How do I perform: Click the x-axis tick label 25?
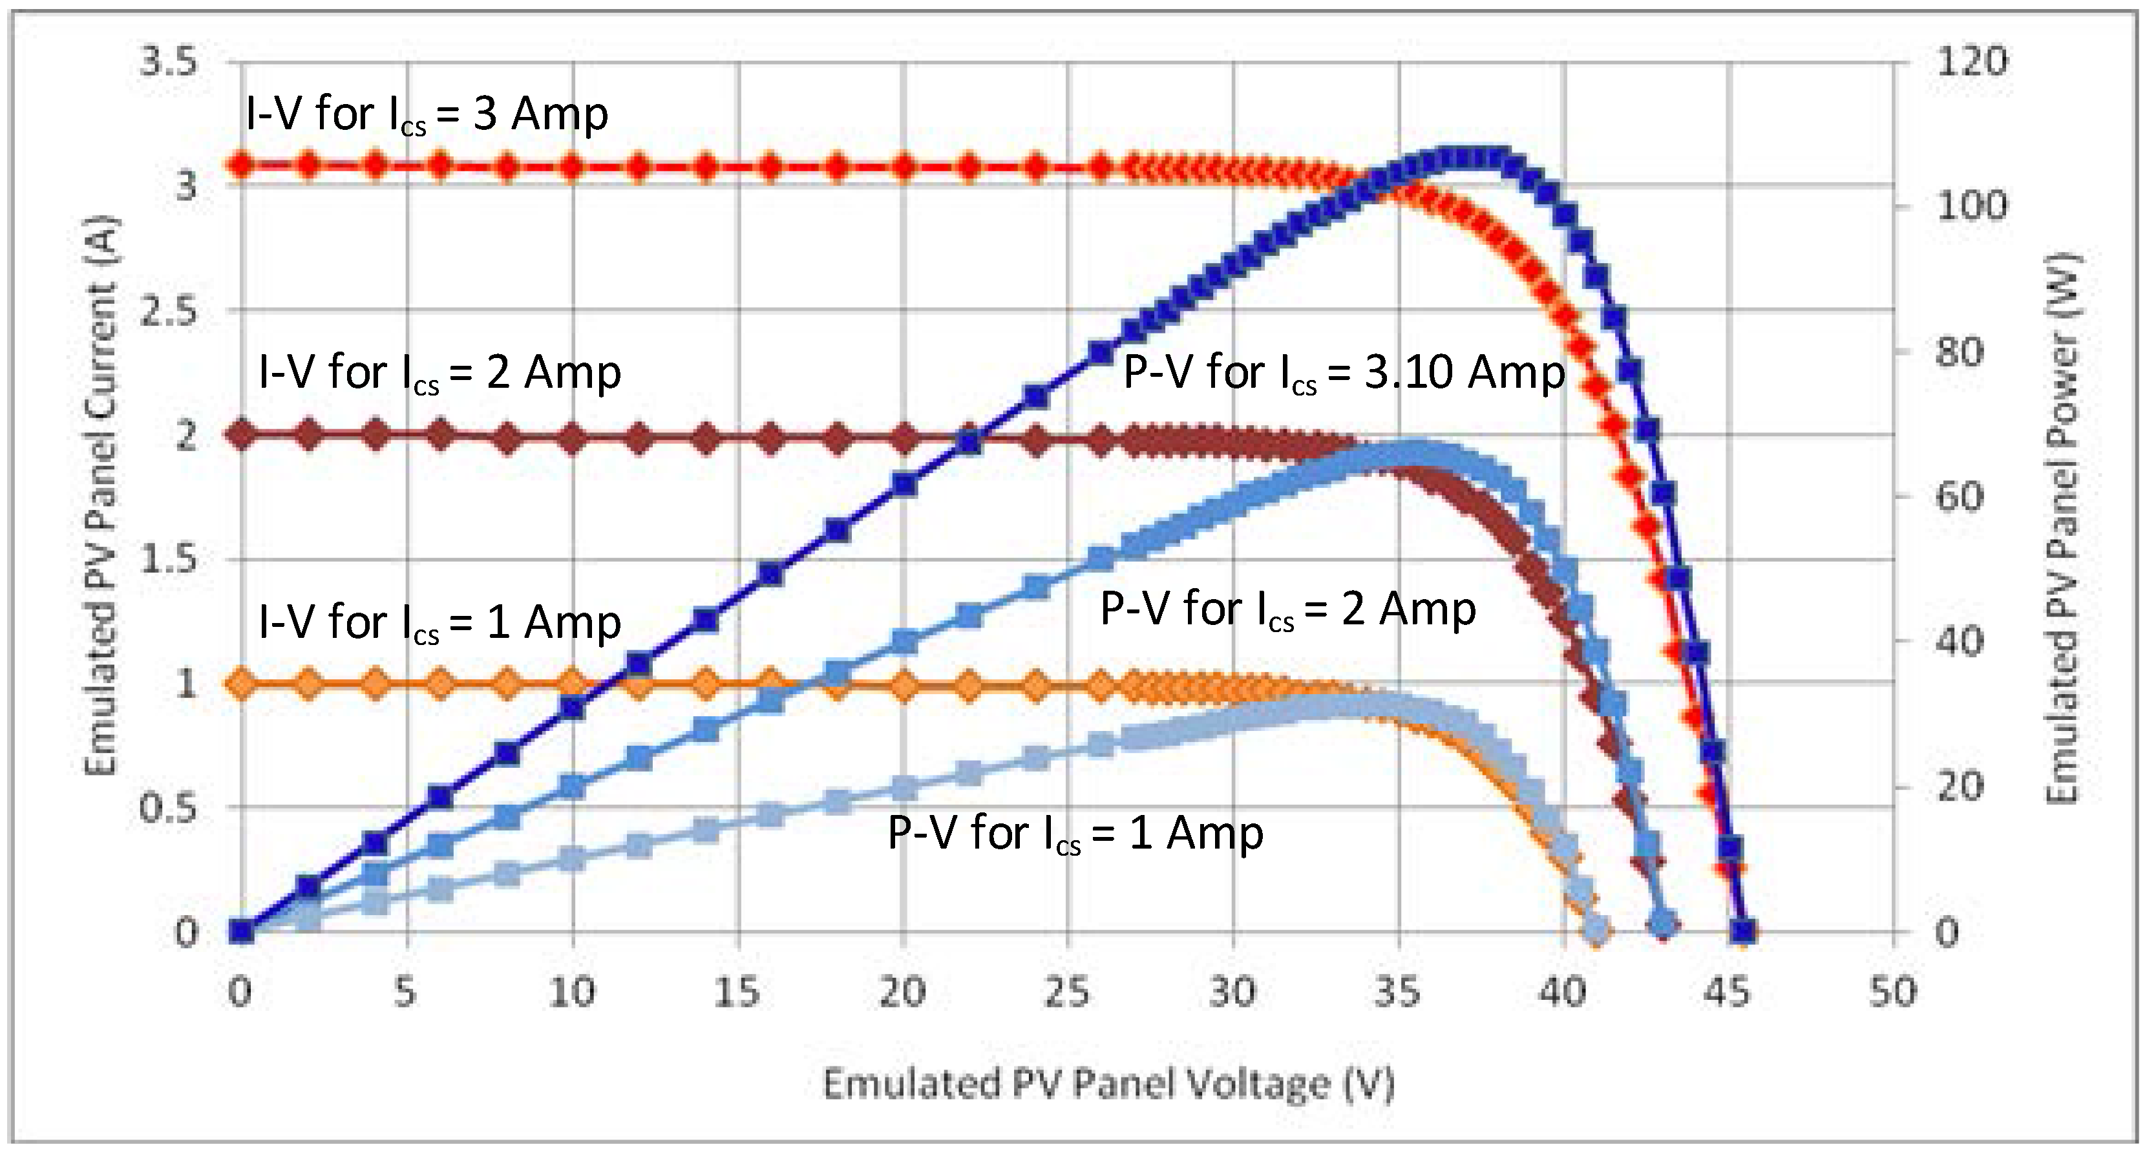tap(1067, 992)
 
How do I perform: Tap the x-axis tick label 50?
tap(1893, 992)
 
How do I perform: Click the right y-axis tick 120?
tap(1971, 61)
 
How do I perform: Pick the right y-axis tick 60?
tap(1960, 496)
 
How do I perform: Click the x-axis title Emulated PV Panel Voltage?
tap(1108, 1084)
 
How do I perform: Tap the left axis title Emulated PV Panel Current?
tap(101, 496)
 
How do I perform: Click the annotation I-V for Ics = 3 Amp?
tap(427, 114)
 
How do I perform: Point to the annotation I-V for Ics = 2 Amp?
tap(439, 373)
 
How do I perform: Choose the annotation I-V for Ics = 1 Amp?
tap(439, 623)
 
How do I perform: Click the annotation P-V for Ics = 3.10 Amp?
tap(1344, 373)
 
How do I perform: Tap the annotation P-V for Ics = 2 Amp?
tap(1287, 609)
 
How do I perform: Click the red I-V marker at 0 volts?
tap(242, 164)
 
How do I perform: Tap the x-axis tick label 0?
tap(240, 992)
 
